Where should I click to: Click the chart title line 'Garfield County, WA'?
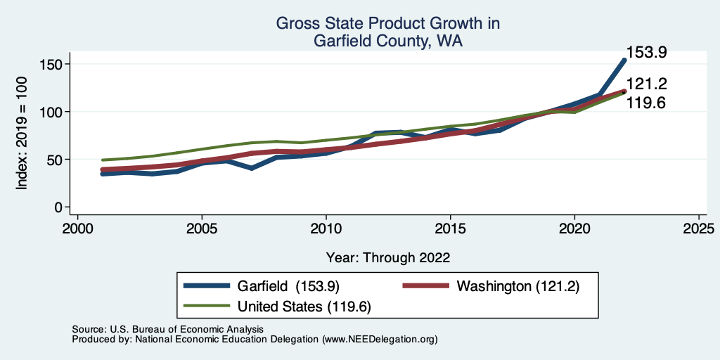(387, 41)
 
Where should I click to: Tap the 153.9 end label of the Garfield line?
(646, 53)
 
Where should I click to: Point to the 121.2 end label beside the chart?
(646, 85)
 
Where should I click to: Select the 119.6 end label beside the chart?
(646, 103)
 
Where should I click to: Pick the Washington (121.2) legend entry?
(517, 286)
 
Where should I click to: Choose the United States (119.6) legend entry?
(304, 307)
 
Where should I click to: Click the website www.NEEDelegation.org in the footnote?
(380, 339)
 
